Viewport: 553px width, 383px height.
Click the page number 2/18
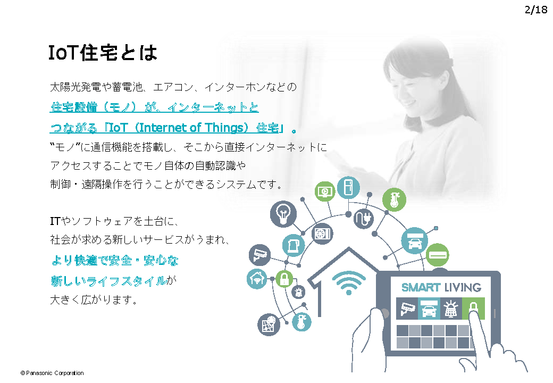536,10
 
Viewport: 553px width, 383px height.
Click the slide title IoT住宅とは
103,53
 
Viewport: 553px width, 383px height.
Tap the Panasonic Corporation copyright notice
52,373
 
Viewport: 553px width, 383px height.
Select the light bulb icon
283,214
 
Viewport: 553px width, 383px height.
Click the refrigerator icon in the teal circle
348,187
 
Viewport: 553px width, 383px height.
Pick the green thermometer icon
395,199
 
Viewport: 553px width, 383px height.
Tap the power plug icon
364,219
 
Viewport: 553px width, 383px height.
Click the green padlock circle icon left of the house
284,279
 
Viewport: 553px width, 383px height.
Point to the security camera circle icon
259,255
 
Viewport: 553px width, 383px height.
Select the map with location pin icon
269,324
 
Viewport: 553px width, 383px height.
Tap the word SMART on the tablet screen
421,287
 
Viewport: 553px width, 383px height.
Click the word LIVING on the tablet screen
463,287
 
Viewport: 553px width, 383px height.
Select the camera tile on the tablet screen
407,309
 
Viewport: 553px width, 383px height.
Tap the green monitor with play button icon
325,191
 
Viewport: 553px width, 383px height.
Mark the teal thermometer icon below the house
302,322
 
